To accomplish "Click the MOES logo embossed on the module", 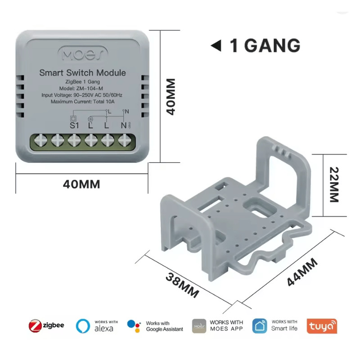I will tap(82, 54).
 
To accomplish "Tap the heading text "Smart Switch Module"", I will tap(82, 72).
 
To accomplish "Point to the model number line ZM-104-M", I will tap(82, 88).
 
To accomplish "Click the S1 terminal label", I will tap(74, 125).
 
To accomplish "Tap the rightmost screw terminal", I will tap(123, 141).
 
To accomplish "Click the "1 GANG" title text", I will tap(265, 45).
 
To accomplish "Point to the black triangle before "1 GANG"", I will tap(216, 46).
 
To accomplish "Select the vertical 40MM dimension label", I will tap(170, 97).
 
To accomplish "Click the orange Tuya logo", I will tap(321, 326).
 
